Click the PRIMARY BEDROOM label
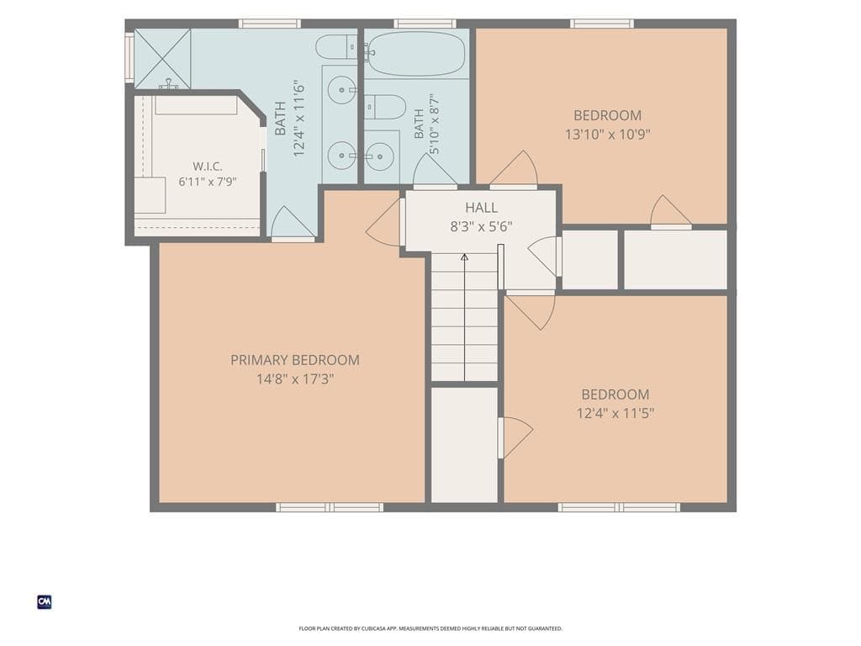(295, 360)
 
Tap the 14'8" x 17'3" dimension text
(295, 379)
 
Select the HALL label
(482, 208)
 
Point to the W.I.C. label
(207, 167)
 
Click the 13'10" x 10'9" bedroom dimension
(607, 134)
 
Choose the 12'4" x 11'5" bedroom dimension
(615, 413)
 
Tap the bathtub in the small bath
(415, 53)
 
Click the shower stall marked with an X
(162, 59)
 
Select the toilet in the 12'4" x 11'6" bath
(336, 47)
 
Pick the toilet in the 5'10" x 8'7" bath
(385, 107)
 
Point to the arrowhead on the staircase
(464, 257)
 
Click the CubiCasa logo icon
(45, 602)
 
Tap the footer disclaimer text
(430, 628)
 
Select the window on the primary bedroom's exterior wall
(330, 507)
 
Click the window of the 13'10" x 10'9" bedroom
(602, 24)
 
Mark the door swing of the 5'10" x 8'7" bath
(435, 169)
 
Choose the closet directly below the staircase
(464, 445)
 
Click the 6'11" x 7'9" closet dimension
(207, 182)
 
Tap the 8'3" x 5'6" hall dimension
(482, 226)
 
